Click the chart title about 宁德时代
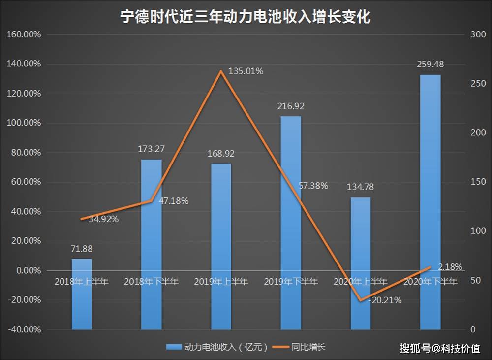pos(246,16)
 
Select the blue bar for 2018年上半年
pos(82,294)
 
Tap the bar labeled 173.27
pos(151,244)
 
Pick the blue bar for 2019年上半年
pos(221,247)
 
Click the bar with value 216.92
pos(291,223)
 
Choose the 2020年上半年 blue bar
pos(361,263)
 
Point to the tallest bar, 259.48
pos(430,202)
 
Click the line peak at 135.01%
pos(221,71)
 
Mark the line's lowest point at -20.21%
pos(361,300)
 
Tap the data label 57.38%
pos(313,186)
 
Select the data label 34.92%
pos(103,219)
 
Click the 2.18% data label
pos(450,267)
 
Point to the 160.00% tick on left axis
pos(24,34)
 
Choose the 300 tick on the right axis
pos(478,34)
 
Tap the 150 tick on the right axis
pos(478,182)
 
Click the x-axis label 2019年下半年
pos(291,281)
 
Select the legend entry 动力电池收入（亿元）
pos(217,347)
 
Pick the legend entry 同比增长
pos(299,347)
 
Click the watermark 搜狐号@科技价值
pos(439,348)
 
